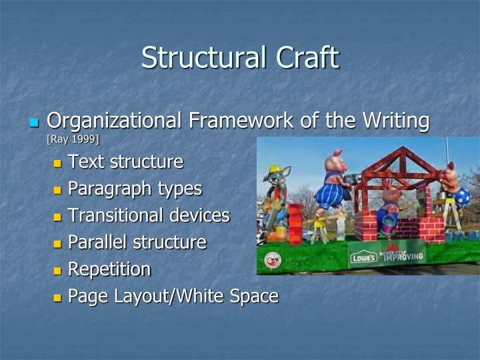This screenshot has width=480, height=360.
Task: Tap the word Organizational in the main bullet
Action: click(x=114, y=121)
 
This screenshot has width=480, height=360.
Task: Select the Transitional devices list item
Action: click(x=149, y=215)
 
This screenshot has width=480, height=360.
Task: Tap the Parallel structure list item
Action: click(x=137, y=242)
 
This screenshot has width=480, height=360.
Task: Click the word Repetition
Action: click(x=109, y=269)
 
